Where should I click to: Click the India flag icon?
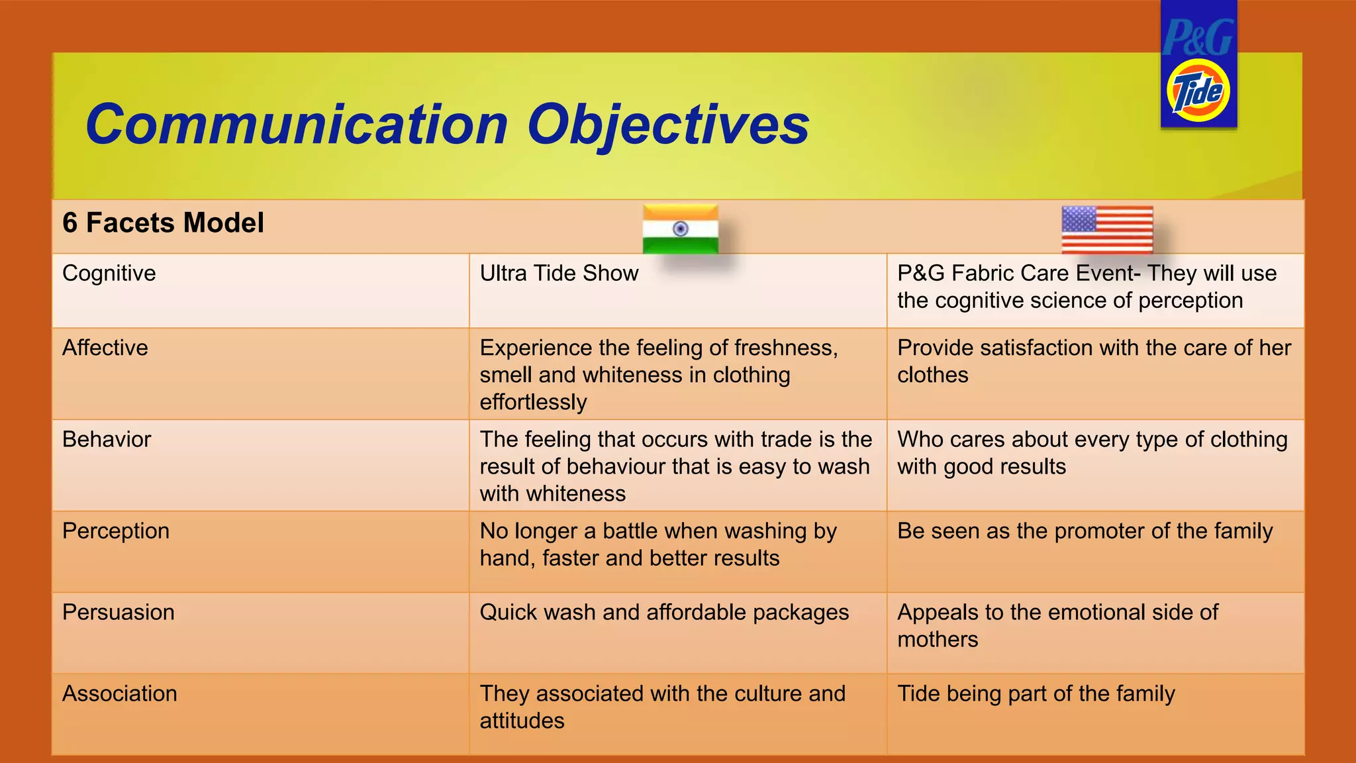pos(680,229)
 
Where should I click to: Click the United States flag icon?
pos(1107,229)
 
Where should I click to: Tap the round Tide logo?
pos(1198,91)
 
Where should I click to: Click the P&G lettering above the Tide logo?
pos(1198,38)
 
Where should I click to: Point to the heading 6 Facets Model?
pos(163,223)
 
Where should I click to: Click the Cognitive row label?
pos(109,273)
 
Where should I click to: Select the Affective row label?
pos(105,348)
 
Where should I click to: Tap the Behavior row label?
pos(107,439)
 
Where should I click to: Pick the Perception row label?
pos(116,531)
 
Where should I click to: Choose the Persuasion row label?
pos(119,612)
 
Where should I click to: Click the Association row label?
pos(120,693)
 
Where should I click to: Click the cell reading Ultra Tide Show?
pos(559,273)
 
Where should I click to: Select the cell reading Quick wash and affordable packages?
pos(664,612)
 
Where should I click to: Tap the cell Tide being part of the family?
pos(1036,693)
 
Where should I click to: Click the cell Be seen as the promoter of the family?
pos(1085,531)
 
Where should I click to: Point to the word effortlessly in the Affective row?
pos(533,402)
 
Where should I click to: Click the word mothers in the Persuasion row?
pos(938,639)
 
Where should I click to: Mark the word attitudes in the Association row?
pos(522,721)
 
